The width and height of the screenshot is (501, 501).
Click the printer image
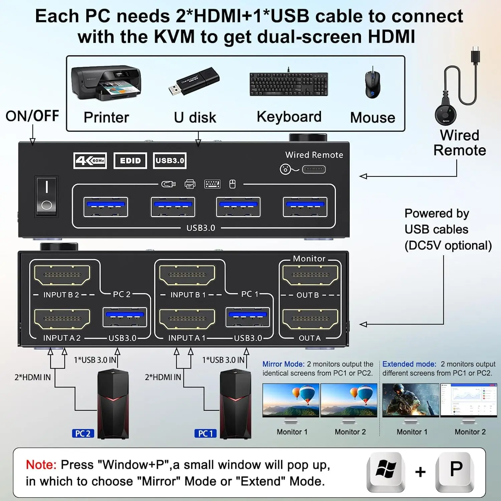click(106, 82)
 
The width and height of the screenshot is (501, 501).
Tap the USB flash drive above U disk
click(194, 81)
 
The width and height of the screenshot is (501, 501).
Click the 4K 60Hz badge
click(90, 161)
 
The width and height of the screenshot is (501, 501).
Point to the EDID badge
click(130, 161)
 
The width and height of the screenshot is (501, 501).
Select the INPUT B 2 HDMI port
click(62, 275)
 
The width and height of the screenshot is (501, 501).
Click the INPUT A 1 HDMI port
click(187, 319)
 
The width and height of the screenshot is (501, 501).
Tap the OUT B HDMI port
click(310, 275)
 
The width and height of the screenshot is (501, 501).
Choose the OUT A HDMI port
click(310, 319)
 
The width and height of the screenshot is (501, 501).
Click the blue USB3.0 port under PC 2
click(125, 317)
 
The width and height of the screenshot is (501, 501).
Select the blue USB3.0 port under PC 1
click(247, 317)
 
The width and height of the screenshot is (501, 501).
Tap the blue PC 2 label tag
click(83, 434)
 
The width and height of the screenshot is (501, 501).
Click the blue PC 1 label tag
click(205, 434)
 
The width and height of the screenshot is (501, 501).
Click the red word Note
click(41, 465)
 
